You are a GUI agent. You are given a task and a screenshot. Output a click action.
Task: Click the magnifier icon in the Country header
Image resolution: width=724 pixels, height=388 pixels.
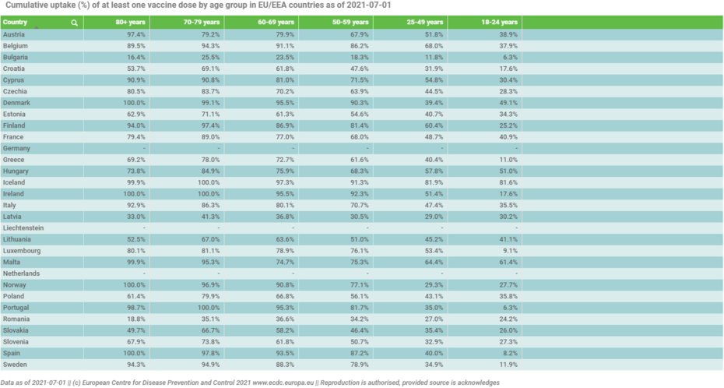pyautogui.click(x=75, y=23)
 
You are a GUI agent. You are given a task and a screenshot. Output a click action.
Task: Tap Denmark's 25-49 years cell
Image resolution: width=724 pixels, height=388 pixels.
pyautogui.click(x=432, y=102)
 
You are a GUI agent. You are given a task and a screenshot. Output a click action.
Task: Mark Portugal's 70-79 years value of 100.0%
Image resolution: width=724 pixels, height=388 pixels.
pyautogui.click(x=208, y=307)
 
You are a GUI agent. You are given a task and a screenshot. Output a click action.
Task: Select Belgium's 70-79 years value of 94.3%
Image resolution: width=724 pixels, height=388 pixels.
pyautogui.click(x=209, y=46)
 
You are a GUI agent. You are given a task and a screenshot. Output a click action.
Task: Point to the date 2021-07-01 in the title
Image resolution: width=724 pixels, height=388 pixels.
pyautogui.click(x=370, y=5)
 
